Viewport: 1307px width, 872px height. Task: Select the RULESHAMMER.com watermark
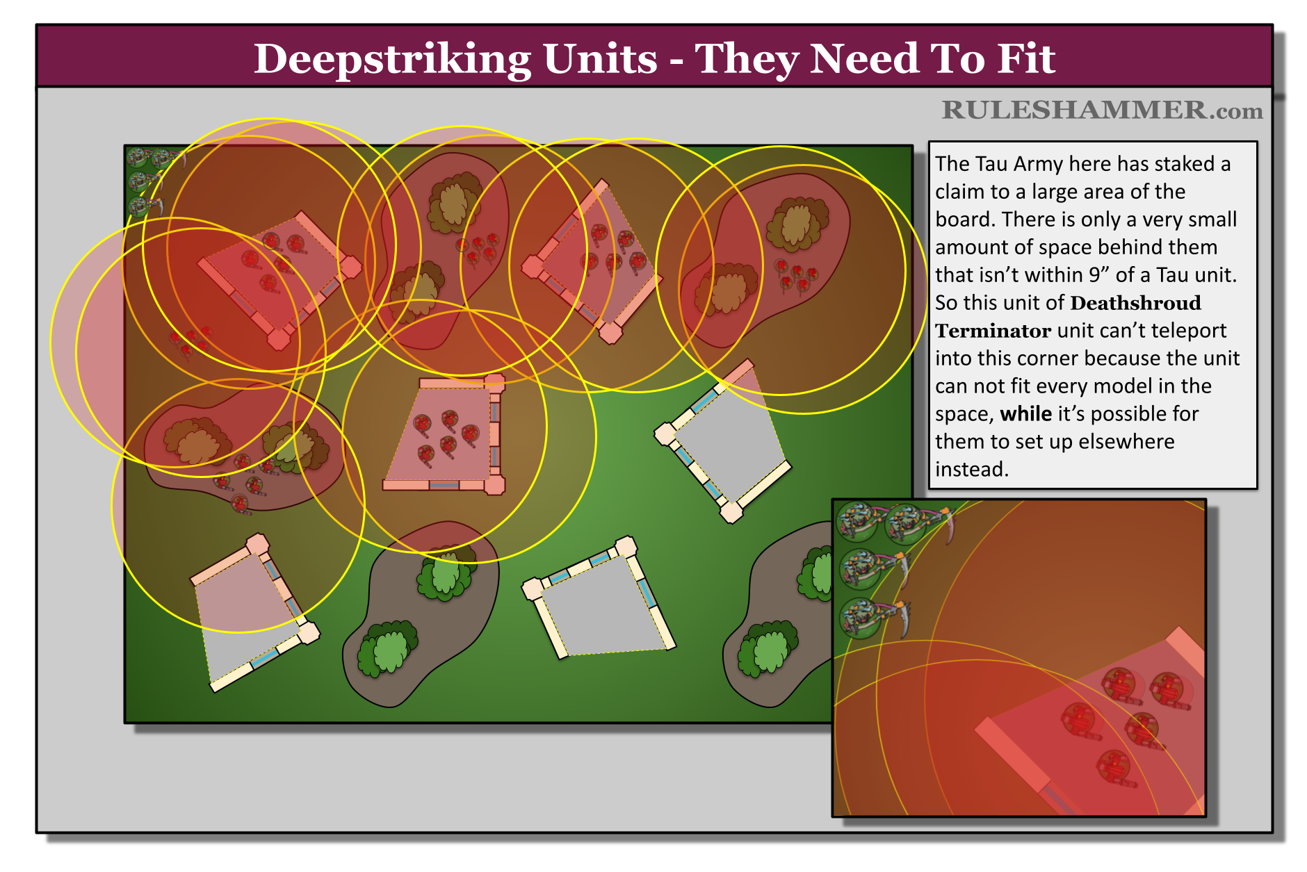point(1102,110)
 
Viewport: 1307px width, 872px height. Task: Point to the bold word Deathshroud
point(1135,303)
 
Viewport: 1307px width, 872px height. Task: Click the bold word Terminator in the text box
point(992,331)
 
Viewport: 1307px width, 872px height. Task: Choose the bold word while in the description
point(1025,414)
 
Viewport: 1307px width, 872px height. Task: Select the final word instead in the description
point(971,470)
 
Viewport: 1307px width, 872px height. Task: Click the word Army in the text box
point(1038,164)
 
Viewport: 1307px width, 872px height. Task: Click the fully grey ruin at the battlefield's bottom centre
point(600,604)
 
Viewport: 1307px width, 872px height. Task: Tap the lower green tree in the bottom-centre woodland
point(387,650)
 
